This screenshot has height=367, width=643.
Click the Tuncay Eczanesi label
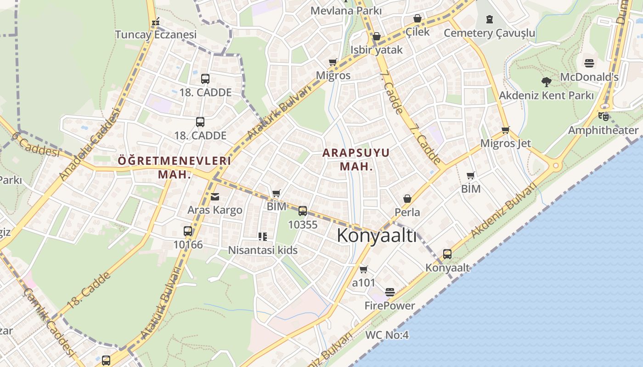[x=156, y=34]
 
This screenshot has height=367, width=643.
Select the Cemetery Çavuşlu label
[x=489, y=33]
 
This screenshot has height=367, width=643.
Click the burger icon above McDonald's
[x=589, y=63]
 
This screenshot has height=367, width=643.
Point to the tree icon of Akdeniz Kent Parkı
[x=546, y=82]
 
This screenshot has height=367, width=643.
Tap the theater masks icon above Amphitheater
[x=603, y=117]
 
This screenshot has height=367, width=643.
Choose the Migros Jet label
[x=505, y=143]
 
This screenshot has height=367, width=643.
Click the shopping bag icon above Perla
[x=407, y=199]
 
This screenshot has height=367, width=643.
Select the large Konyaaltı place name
[x=377, y=236]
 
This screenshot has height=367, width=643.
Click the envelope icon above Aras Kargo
[x=214, y=197]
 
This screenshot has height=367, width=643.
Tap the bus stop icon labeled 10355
[x=303, y=211]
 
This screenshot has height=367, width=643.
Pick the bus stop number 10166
[x=188, y=245]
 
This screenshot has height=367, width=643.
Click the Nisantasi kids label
[x=263, y=250]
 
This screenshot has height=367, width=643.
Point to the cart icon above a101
[x=364, y=269]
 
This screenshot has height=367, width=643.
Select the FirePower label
[x=389, y=306]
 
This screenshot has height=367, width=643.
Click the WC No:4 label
[x=387, y=335]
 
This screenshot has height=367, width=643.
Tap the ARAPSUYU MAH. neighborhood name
[x=356, y=159]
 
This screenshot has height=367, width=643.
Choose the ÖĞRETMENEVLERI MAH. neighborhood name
[x=174, y=167]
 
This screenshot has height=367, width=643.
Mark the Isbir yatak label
[x=376, y=50]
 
